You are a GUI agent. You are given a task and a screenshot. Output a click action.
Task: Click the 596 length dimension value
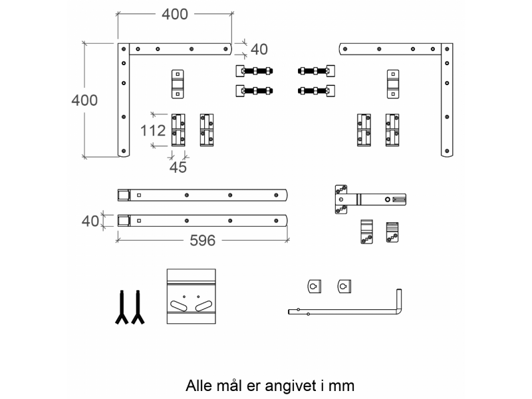pos(203,241)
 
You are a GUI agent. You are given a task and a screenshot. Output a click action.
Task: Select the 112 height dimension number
pos(153,130)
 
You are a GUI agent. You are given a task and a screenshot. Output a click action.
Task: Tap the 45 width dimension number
pos(178,168)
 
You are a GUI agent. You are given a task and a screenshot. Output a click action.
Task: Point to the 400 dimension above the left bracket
pos(175,14)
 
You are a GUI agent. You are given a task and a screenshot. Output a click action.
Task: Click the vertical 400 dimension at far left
pos(84,100)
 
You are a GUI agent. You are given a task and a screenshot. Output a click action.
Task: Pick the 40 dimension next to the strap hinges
pos(90,221)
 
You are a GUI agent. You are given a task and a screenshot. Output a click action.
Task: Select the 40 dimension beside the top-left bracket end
pos(259,49)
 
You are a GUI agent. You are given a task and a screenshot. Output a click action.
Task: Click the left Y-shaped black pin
pos(122,307)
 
